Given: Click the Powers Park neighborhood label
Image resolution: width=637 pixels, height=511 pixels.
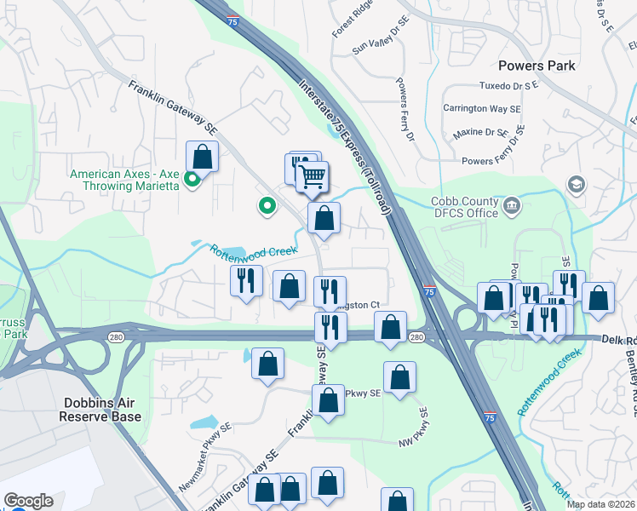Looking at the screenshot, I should point(537,66).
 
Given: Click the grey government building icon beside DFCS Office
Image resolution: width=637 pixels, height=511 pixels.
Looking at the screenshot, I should point(512,204).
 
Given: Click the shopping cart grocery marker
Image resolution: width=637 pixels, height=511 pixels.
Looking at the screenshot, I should point(313,176).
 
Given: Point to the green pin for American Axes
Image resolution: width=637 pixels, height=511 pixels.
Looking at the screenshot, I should point(192,179).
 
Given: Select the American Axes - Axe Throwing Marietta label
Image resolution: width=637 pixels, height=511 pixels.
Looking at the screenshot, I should point(123,180).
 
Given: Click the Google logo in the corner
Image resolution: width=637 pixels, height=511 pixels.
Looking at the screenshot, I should point(28,501).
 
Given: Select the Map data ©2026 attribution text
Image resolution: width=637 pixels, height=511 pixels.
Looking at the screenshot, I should point(600,504).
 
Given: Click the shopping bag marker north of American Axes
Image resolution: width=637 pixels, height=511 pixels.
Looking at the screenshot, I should point(202,157).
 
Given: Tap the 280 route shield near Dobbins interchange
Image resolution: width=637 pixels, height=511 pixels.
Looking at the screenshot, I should point(115,338).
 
